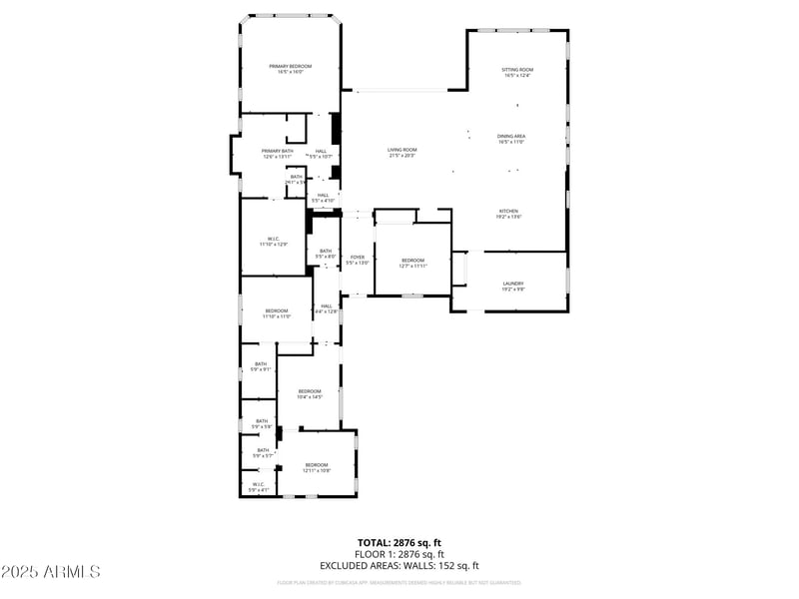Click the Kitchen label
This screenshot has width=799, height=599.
tap(509, 213)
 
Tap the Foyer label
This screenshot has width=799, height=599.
tap(357, 260)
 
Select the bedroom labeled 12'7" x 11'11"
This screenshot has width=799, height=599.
tap(412, 263)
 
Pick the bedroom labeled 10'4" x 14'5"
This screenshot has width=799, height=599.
tap(309, 393)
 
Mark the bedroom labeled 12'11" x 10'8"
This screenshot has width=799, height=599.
tap(317, 467)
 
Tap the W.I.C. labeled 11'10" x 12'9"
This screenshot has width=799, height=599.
tap(273, 241)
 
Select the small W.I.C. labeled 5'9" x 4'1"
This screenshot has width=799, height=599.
tap(259, 487)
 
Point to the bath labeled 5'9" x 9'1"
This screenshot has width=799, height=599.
tap(262, 366)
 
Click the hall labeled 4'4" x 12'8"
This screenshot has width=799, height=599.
tap(327, 308)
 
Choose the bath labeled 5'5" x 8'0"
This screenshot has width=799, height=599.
tap(325, 254)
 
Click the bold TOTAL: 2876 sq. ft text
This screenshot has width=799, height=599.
tap(399, 543)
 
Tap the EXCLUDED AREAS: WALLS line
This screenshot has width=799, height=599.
tap(399, 565)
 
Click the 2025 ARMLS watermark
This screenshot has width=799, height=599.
tap(50, 572)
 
